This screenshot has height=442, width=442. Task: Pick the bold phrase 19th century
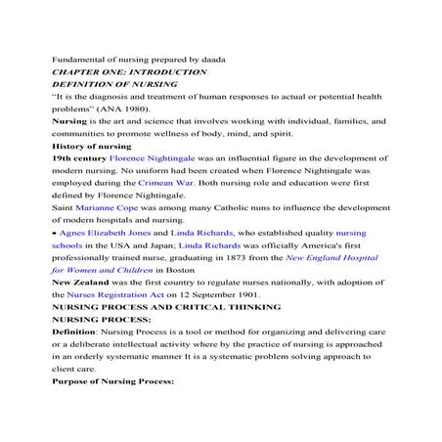[x=78, y=157]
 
